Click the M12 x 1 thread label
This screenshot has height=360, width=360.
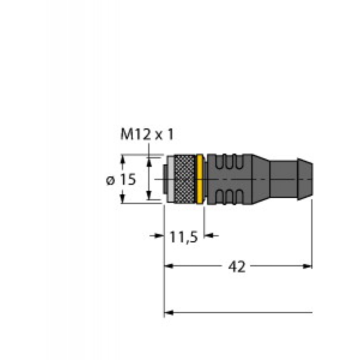coord(147,135)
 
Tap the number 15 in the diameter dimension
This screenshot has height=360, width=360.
coord(128,179)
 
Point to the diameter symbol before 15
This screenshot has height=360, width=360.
coord(110,180)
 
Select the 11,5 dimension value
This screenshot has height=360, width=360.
coord(184,237)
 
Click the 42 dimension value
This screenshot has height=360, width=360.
coord(237,266)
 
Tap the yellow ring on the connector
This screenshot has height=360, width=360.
coord(200,179)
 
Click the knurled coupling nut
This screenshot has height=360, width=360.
coord(184,179)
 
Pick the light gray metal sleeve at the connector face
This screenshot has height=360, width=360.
coord(171,179)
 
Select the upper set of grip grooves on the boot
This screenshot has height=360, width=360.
coord(229,162)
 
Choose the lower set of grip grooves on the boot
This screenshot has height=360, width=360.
coord(229,197)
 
